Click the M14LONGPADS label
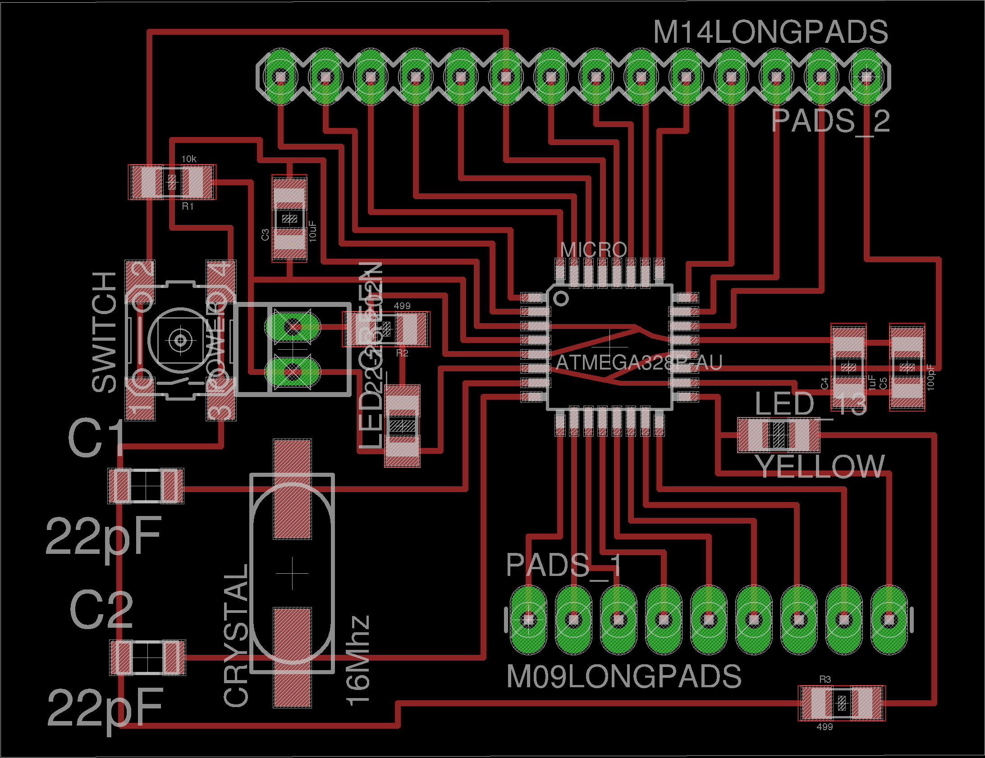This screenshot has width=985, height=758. click(x=770, y=32)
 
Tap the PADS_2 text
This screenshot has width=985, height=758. click(x=831, y=121)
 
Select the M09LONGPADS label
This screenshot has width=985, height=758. click(x=624, y=676)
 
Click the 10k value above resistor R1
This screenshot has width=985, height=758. click(x=189, y=159)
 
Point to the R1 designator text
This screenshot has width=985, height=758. click(x=188, y=206)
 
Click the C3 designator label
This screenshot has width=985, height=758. click(x=265, y=234)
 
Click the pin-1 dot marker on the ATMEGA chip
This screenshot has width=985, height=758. click(x=561, y=298)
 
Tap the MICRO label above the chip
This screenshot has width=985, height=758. click(x=593, y=249)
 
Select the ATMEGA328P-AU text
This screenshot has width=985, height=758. click(x=639, y=362)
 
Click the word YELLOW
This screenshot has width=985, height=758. click(x=820, y=466)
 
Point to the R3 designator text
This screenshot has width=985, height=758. click(x=825, y=679)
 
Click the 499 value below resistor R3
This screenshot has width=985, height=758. click(x=825, y=726)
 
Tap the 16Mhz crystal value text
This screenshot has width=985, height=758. click(x=358, y=660)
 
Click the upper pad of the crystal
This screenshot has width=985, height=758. click(x=292, y=489)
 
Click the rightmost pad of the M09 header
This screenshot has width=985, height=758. click(x=889, y=620)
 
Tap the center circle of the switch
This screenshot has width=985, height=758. click(x=180, y=339)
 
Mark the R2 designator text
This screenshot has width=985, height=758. click(x=402, y=353)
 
